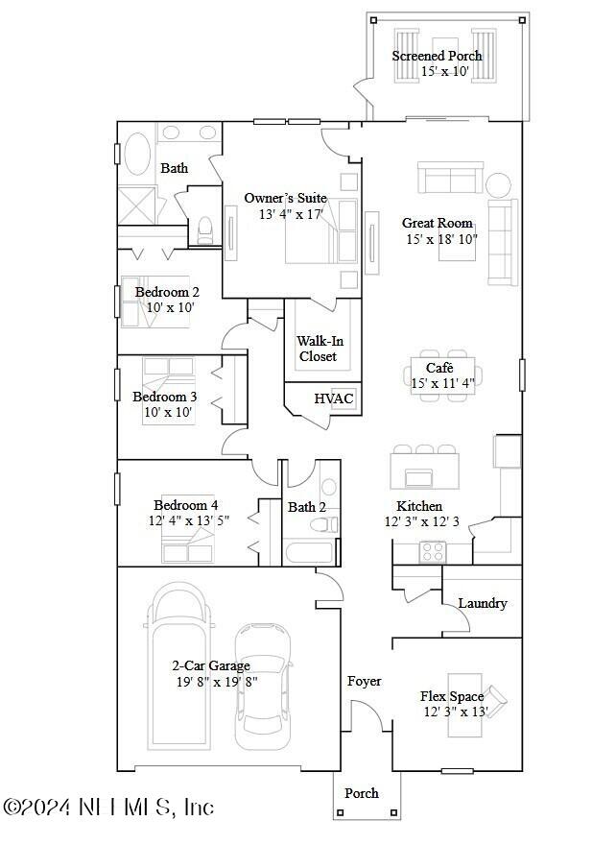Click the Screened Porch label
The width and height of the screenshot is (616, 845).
coord(437,56)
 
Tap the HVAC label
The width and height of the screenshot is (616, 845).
coord(334,398)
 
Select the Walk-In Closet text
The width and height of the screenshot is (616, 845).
coord(317,349)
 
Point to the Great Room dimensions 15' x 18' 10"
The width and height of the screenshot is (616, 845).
coord(441,239)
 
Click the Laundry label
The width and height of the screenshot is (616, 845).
coord(483,603)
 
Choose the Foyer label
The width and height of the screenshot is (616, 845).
coord(364,681)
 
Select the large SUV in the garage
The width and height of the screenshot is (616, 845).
coord(178,665)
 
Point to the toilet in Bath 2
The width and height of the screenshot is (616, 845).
coord(329,523)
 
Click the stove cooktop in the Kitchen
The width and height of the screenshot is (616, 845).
coord(433,551)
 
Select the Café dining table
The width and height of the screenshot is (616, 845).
coord(439,376)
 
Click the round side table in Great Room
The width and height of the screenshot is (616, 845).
coord(499,183)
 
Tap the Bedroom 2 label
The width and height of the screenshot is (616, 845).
coord(167,293)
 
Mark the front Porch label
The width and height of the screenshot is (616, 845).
coord(362,793)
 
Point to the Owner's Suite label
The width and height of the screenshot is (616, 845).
coord(285,198)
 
